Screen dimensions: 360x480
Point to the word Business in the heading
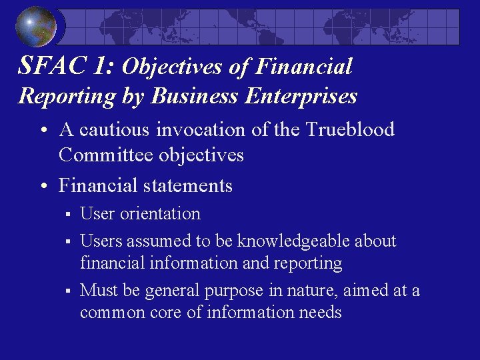pos(195,96)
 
